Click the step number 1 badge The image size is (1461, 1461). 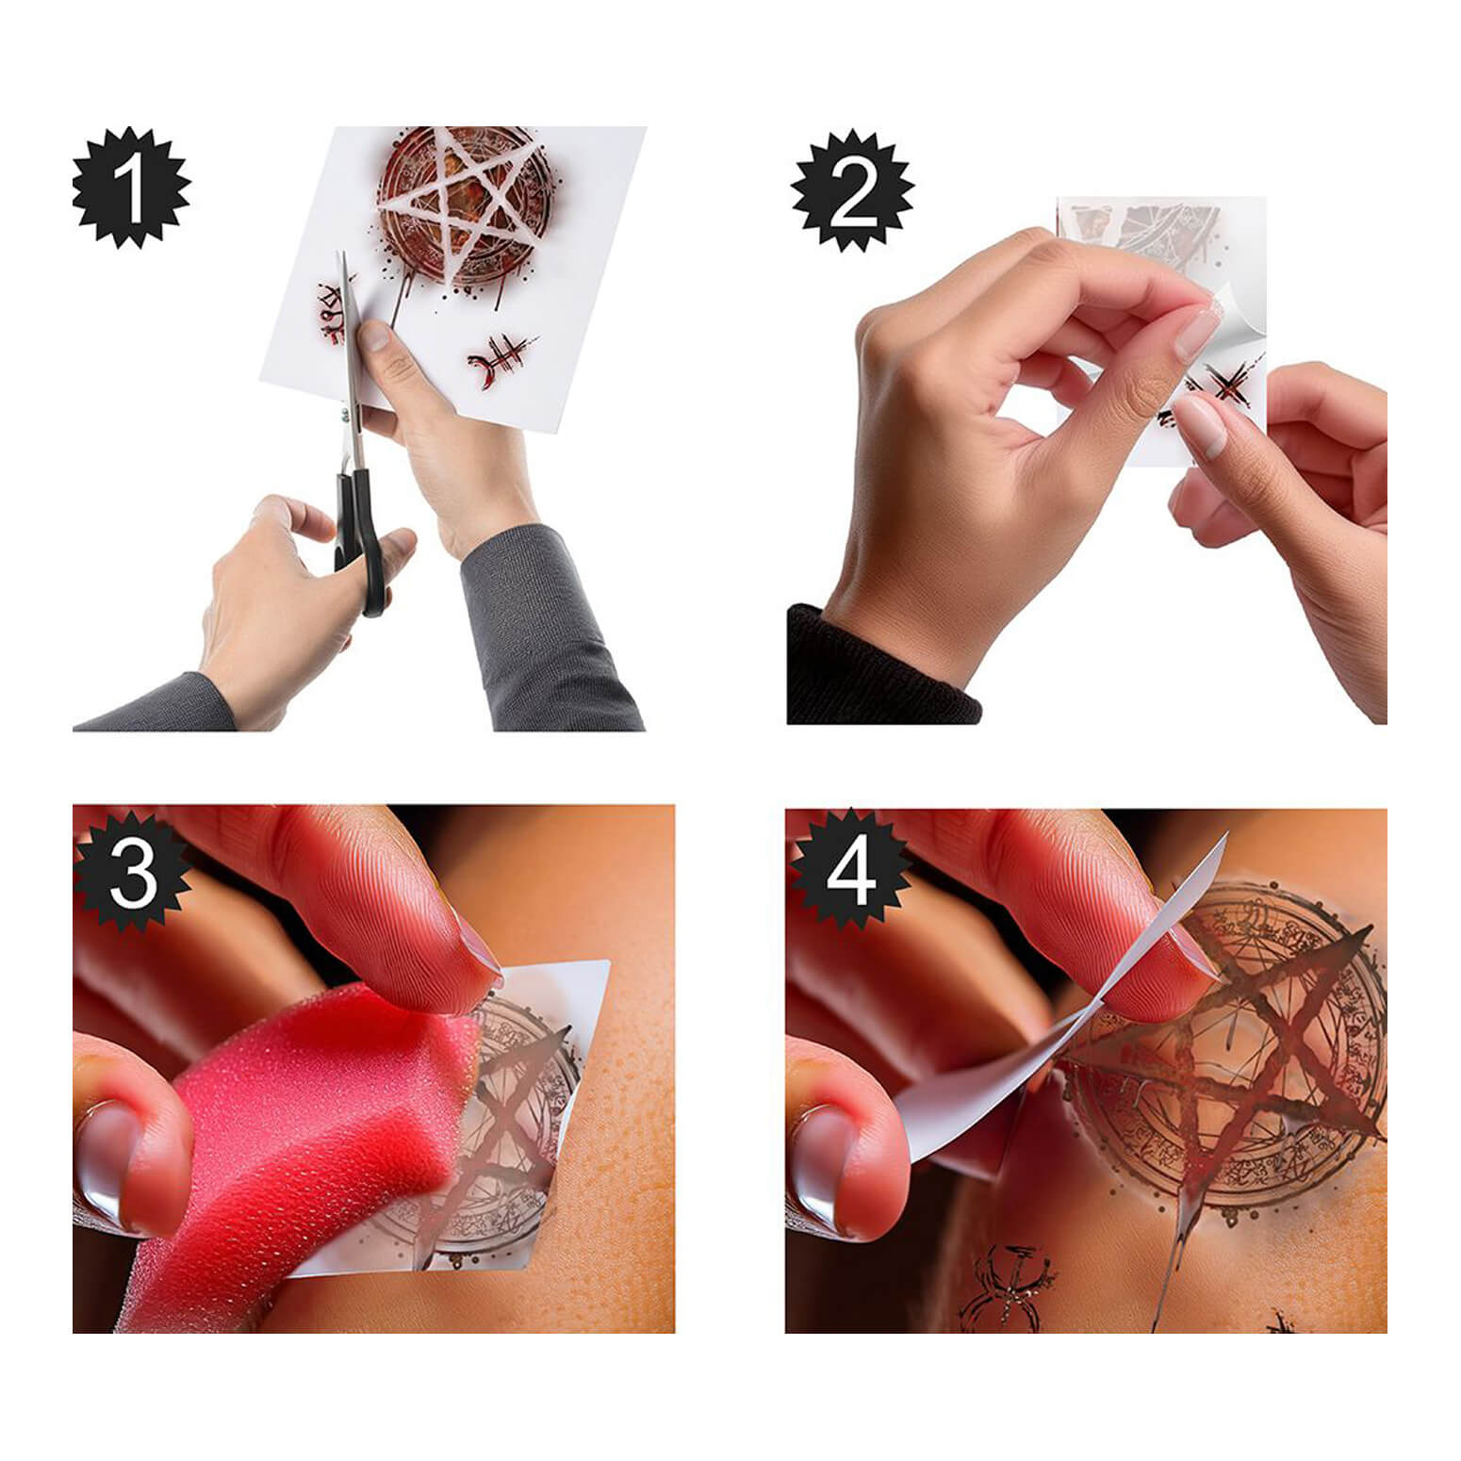[131, 188]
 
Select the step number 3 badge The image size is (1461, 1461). [133, 871]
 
